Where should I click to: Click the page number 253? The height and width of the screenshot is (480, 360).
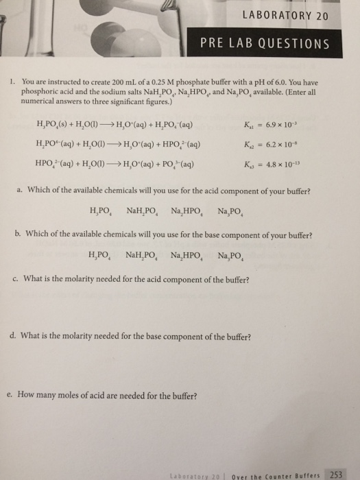tap(337, 473)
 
